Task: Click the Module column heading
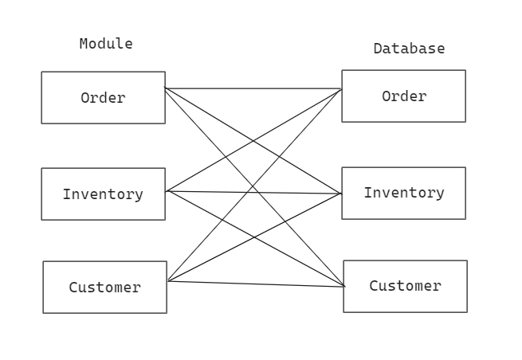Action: click(x=106, y=44)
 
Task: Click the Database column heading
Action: click(x=409, y=49)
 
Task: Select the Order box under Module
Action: click(x=103, y=98)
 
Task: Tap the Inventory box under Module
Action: click(x=103, y=194)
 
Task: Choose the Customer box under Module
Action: click(x=104, y=288)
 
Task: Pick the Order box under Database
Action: click(x=403, y=96)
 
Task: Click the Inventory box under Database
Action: click(x=403, y=193)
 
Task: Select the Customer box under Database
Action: click(x=405, y=286)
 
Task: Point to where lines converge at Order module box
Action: click(x=165, y=88)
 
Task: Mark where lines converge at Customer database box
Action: click(x=344, y=286)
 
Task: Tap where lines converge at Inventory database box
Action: click(x=341, y=194)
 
